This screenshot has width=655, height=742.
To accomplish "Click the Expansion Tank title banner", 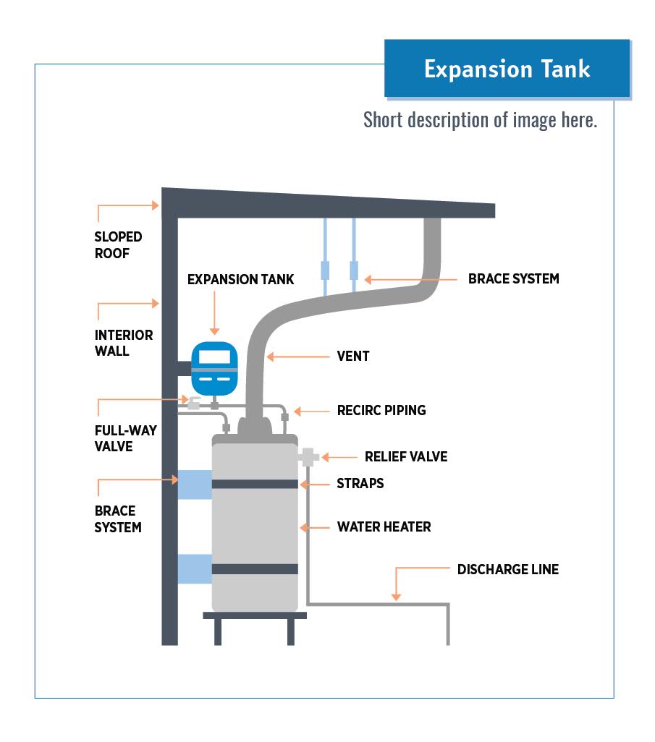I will (x=507, y=69).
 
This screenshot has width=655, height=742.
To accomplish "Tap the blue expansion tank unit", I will (x=214, y=368).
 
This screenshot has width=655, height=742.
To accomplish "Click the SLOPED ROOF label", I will (x=118, y=245).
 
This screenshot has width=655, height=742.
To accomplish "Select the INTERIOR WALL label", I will (x=124, y=343).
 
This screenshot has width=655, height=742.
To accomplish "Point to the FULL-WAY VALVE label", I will (x=126, y=438).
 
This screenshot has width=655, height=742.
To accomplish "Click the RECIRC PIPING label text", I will (x=381, y=411).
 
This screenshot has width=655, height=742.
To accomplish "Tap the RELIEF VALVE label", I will (x=406, y=457).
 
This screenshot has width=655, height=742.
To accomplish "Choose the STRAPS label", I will (x=360, y=483).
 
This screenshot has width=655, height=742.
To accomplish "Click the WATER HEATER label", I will (x=384, y=526).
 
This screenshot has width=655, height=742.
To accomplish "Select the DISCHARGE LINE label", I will (x=507, y=570).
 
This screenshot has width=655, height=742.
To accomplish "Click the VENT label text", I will (x=353, y=356).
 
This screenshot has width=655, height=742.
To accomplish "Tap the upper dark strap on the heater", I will (x=255, y=483).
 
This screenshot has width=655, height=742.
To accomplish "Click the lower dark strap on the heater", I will (x=255, y=569).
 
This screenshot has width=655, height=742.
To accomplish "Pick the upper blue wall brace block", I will (x=195, y=484).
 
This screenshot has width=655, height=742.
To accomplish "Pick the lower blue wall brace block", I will (x=195, y=568).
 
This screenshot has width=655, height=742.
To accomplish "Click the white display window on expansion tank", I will (x=214, y=357).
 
